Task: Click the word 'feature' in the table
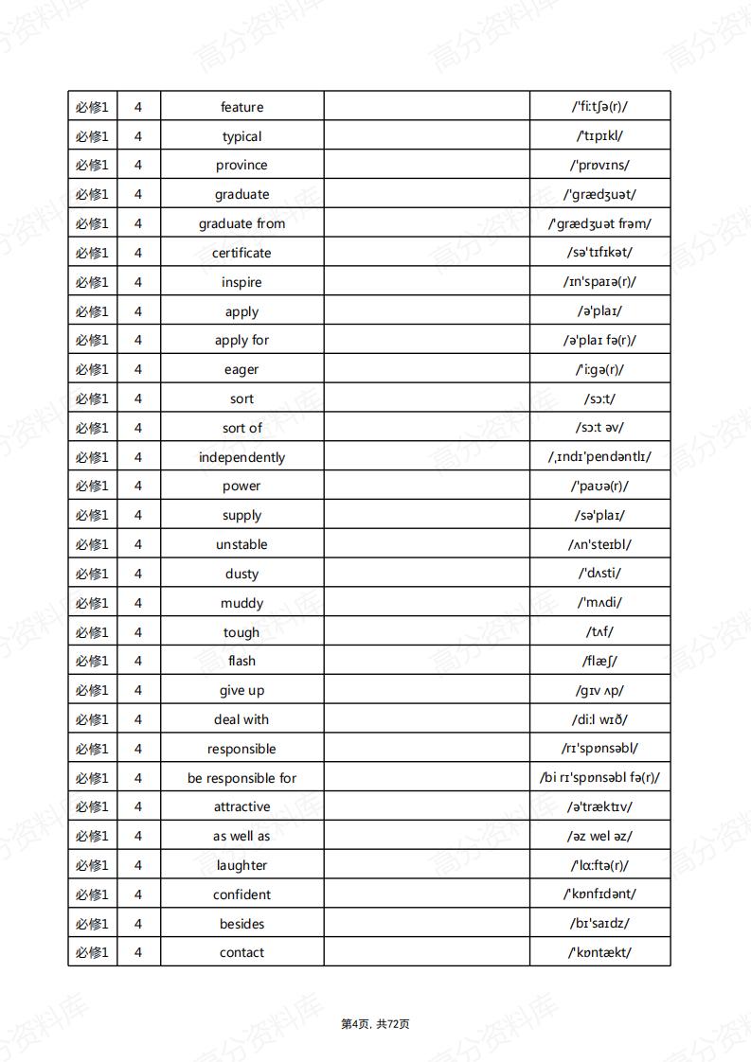point(241,107)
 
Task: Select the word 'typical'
point(241,136)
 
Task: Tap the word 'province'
point(241,165)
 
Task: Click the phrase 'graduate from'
point(241,223)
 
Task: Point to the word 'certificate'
point(241,253)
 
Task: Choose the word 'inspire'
point(241,282)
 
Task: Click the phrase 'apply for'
point(241,340)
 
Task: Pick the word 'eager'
point(241,369)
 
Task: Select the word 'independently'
point(241,457)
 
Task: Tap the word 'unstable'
point(241,544)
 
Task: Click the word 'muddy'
point(241,603)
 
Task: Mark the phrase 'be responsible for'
point(241,778)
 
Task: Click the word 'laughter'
point(241,865)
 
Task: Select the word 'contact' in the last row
point(241,952)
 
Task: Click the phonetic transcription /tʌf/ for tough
point(599,631)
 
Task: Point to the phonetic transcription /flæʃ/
point(599,661)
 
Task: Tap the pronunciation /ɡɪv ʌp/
point(599,690)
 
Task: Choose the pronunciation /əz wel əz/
point(599,836)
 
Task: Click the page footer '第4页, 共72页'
point(375,1023)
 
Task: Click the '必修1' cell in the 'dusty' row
point(92,574)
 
